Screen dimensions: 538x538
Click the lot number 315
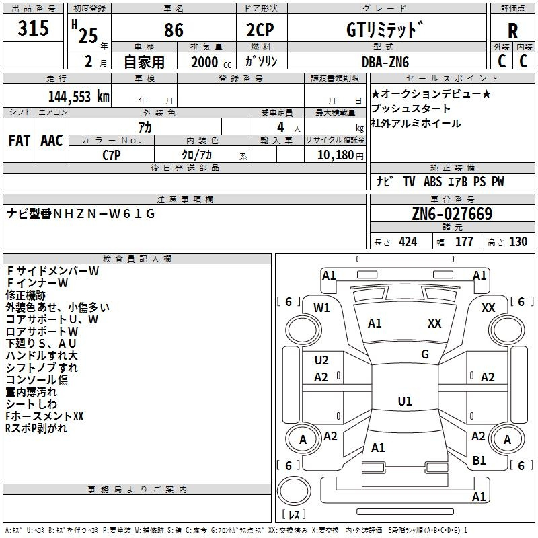(x=34, y=29)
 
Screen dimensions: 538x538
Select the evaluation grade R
(x=512, y=31)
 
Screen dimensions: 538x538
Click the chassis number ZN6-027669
(x=452, y=214)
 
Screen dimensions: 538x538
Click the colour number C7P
(x=110, y=155)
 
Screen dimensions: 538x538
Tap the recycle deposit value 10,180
(x=332, y=155)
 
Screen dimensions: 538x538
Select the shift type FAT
(x=19, y=140)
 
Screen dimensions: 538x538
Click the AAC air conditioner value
(x=52, y=140)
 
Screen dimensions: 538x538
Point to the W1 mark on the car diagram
(x=322, y=308)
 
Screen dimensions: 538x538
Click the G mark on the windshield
(x=425, y=354)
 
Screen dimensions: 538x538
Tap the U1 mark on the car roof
(x=405, y=401)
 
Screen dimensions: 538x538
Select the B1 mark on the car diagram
(x=479, y=461)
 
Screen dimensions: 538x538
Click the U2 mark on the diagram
(x=321, y=360)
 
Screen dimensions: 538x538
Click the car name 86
(x=174, y=30)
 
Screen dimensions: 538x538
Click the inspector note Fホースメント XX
(x=44, y=416)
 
